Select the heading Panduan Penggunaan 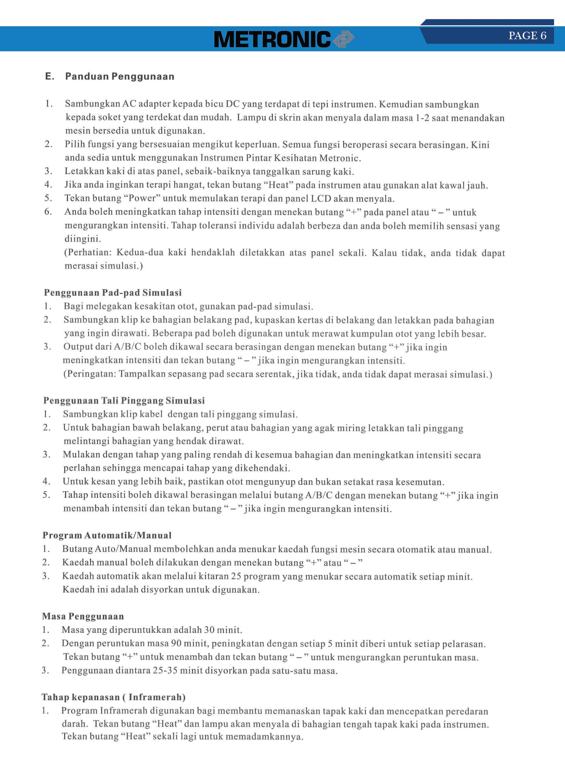click(x=120, y=76)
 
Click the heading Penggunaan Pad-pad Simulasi click(x=113, y=293)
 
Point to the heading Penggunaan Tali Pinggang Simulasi click(x=124, y=401)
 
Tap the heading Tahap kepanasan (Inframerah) click(x=113, y=697)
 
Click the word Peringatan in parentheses click(x=91, y=374)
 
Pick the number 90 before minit click(x=176, y=643)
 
